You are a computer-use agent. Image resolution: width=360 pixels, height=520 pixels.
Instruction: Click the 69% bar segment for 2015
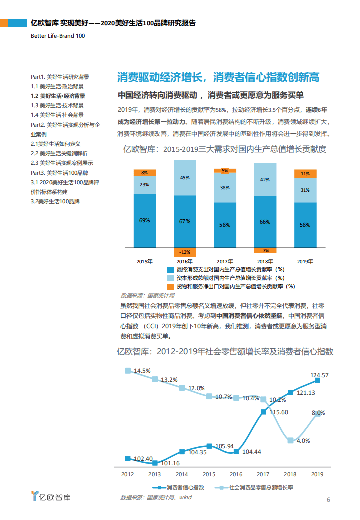click(x=144, y=220)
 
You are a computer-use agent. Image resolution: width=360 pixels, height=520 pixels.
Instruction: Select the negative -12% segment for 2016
click(x=185, y=252)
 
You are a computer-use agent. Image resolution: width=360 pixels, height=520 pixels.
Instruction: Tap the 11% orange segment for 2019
click(x=305, y=174)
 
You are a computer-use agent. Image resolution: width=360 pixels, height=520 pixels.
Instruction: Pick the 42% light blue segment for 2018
click(x=265, y=179)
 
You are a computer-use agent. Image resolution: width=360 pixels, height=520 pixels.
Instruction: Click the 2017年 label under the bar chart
click(x=225, y=261)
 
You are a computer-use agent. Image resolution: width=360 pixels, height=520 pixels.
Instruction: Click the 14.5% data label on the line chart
click(x=140, y=371)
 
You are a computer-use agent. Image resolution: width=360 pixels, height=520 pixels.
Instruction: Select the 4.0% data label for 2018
click(x=303, y=441)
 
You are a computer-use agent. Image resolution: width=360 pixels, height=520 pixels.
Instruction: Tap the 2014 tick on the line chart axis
click(x=182, y=474)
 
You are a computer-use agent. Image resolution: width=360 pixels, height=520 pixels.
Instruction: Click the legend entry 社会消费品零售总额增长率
click(x=260, y=487)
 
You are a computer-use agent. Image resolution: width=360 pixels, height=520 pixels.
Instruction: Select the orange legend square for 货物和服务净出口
click(x=171, y=286)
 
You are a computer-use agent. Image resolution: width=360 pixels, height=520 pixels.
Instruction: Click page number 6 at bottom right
click(x=328, y=499)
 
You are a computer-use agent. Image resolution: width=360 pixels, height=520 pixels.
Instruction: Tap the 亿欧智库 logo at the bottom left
click(x=51, y=497)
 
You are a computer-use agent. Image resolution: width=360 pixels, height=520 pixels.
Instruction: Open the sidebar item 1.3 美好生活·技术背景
click(x=57, y=105)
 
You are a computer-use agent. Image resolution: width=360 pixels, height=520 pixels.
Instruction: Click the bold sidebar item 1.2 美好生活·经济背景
click(x=58, y=96)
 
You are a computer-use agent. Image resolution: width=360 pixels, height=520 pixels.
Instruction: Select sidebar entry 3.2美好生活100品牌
click(x=55, y=201)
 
